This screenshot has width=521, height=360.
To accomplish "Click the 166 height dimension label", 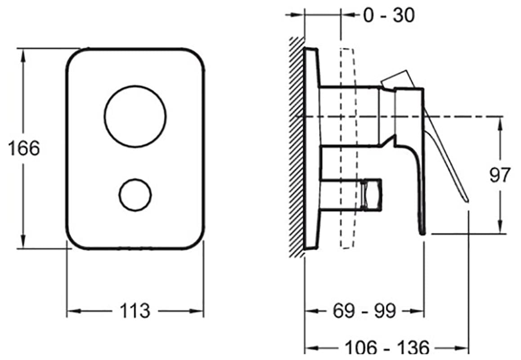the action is tap(24, 148).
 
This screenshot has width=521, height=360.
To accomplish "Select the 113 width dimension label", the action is tap(135, 311).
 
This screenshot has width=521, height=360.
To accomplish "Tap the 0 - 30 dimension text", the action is tap(389, 15).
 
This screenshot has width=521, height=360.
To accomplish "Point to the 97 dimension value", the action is tap(500, 175).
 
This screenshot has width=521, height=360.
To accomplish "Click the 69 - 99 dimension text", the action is tap(364, 311).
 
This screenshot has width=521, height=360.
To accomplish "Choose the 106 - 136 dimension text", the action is tap(387, 348).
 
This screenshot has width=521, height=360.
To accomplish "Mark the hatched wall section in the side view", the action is tap(296, 147).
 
